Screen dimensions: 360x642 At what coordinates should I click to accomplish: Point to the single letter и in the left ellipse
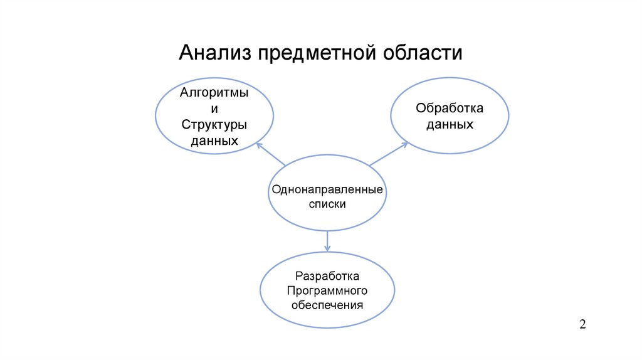(214, 109)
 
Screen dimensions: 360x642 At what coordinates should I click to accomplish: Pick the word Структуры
(214, 124)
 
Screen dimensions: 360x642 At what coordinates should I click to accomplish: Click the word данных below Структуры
(214, 140)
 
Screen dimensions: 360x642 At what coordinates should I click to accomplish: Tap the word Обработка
(450, 109)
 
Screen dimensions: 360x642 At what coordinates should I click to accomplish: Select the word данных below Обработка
(450, 124)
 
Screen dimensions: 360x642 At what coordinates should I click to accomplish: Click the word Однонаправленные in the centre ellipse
(327, 189)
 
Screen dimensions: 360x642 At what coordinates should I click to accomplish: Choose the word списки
(327, 204)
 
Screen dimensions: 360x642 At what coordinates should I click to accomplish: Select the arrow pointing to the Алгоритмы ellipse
(271, 154)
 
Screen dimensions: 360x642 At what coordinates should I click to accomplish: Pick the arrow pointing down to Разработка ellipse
(327, 241)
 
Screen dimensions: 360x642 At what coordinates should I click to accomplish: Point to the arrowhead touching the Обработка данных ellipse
(404, 145)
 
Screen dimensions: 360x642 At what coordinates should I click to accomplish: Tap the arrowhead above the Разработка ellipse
(327, 248)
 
